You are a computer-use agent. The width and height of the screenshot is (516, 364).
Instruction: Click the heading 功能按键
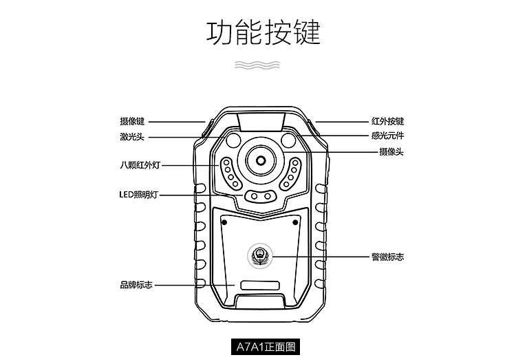point(264,32)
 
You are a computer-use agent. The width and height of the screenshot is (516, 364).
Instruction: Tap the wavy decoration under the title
point(258,65)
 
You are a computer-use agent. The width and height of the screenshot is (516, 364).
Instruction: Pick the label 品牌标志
point(136,285)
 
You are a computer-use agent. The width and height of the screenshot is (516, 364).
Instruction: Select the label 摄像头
point(391,151)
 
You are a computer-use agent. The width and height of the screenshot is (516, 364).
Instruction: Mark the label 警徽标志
point(387,257)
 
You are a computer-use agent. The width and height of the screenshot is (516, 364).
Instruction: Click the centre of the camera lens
point(260,158)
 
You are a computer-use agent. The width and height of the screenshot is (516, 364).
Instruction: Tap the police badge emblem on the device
point(260,257)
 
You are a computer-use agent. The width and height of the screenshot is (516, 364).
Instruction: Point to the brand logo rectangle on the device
point(260,285)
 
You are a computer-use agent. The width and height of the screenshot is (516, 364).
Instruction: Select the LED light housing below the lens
point(260,197)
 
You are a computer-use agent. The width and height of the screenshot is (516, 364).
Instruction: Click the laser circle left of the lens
point(231,141)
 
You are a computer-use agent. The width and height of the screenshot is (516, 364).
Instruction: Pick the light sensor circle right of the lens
point(290,141)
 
